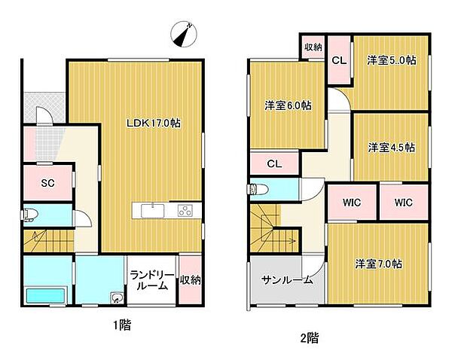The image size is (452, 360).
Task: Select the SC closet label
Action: tap(47, 182)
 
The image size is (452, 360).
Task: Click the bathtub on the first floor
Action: tap(47, 295)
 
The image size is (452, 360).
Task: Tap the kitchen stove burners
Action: tap(185, 211)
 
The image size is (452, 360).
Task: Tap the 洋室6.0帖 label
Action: tap(288, 106)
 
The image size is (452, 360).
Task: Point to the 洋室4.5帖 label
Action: tap(391, 148)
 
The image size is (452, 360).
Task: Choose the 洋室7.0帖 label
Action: tap(378, 264)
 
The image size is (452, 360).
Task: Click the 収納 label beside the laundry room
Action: tap(191, 280)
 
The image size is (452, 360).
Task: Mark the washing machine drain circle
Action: tap(116, 297)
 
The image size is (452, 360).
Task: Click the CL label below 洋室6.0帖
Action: tap(274, 163)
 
